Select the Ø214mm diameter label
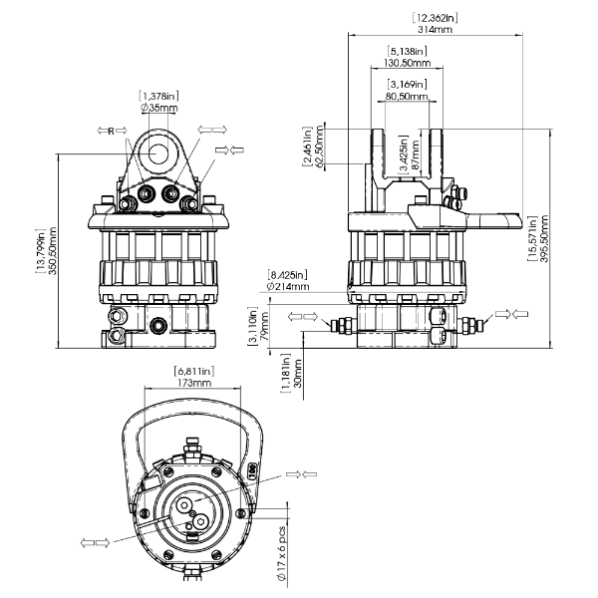(x=288, y=286)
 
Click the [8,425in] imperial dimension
(x=288, y=274)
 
